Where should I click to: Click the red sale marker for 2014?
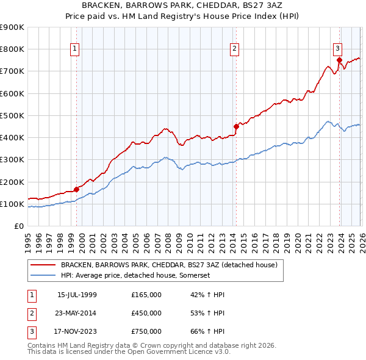(x=236, y=127)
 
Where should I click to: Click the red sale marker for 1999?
(x=76, y=189)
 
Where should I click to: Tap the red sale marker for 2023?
(x=339, y=60)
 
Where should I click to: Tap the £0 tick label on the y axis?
(x=19, y=226)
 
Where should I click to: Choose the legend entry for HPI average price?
(x=135, y=276)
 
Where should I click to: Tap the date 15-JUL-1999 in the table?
(x=77, y=295)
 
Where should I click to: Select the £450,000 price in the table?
(x=146, y=313)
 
